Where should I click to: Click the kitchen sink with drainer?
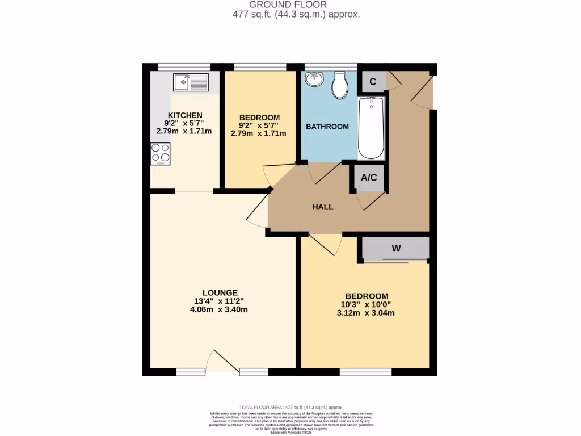pyautogui.click(x=191, y=83)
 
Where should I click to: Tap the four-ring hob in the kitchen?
pyautogui.click(x=160, y=153)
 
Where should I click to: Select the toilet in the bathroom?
pyautogui.click(x=340, y=84)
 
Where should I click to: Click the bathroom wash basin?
pyautogui.click(x=314, y=79)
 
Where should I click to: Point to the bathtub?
pyautogui.click(x=371, y=128)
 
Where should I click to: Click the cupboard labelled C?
pyautogui.click(x=373, y=82)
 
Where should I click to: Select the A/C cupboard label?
pyautogui.click(x=369, y=178)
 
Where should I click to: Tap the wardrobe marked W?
pyautogui.click(x=396, y=249)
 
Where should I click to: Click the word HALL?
pyautogui.click(x=322, y=207)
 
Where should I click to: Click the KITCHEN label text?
pyautogui.click(x=184, y=115)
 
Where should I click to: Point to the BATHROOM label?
pyautogui.click(x=327, y=127)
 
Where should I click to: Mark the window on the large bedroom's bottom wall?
pyautogui.click(x=365, y=372)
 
